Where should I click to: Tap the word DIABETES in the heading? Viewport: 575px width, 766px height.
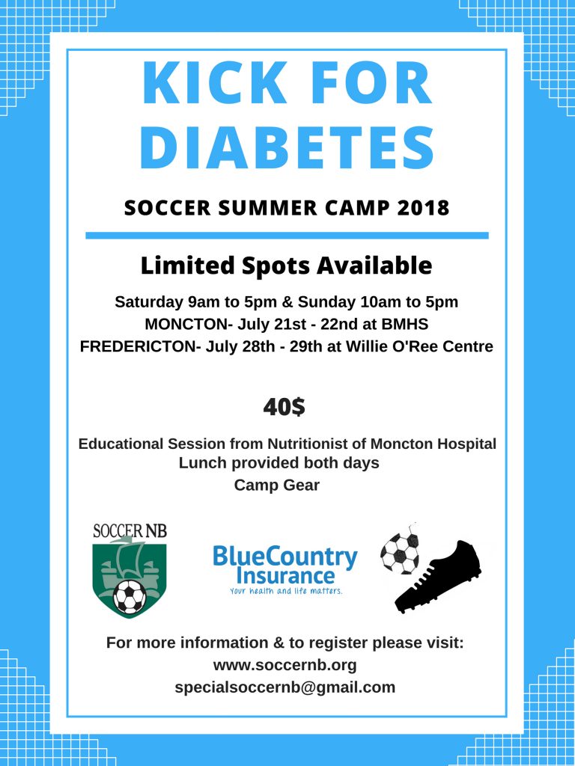(287, 147)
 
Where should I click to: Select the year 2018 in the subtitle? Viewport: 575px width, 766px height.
(423, 208)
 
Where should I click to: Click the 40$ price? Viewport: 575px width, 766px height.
(284, 407)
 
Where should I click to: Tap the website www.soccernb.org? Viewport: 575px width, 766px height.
(285, 665)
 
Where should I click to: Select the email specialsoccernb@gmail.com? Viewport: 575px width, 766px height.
(285, 687)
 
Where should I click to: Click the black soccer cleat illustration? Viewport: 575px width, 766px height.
(437, 577)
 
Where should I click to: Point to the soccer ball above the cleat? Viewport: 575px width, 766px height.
(400, 549)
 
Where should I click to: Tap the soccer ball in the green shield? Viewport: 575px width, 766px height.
(130, 596)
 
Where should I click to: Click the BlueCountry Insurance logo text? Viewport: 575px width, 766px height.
(285, 566)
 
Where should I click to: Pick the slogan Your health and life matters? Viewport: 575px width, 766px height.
(286, 591)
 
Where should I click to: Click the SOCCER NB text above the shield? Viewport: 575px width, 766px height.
(130, 530)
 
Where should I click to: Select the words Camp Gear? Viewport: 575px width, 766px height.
(277, 485)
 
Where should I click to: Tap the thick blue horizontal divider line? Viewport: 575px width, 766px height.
(287, 236)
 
